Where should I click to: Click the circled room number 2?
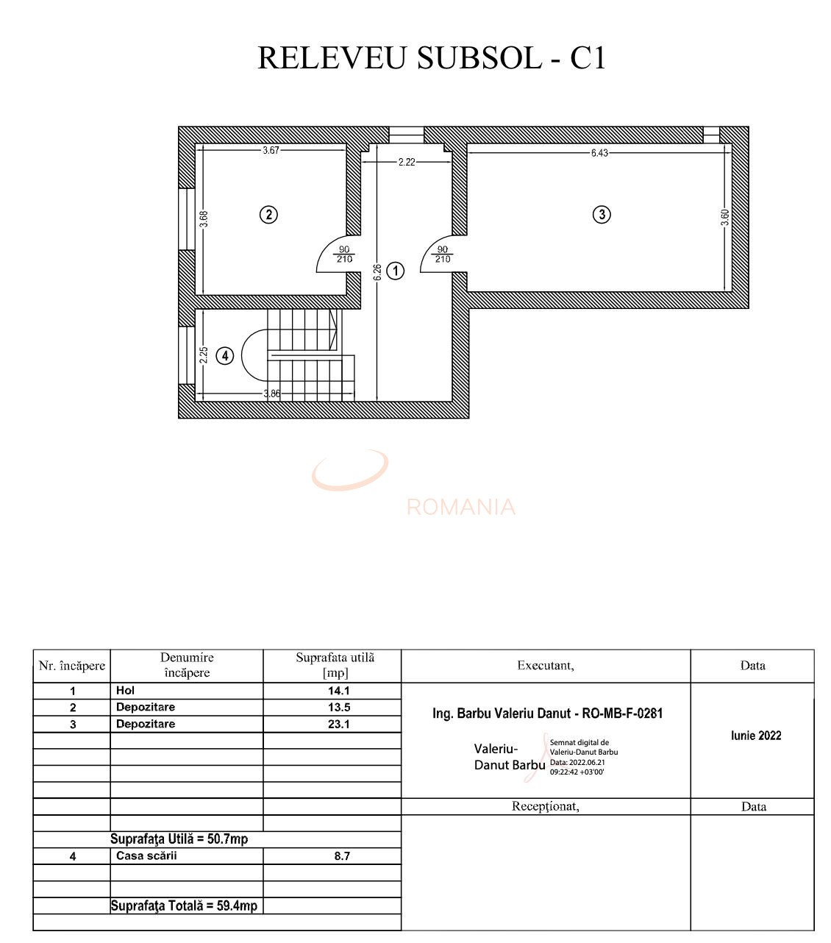tap(269, 215)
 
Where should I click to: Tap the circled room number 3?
tap(602, 215)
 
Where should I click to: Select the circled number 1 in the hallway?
tap(396, 271)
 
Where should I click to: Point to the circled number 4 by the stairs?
tap(225, 355)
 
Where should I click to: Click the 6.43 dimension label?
tap(599, 154)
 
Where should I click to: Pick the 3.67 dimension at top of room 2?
tap(271, 151)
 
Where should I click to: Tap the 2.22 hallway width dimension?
tap(407, 162)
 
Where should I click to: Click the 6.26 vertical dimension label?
tap(377, 272)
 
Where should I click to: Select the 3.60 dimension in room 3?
tap(725, 218)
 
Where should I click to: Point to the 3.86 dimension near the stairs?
tap(272, 394)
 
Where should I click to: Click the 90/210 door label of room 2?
tap(344, 255)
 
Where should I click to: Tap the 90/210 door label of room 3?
tap(443, 255)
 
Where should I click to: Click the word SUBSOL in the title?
tap(478, 58)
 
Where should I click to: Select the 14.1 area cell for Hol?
tap(339, 691)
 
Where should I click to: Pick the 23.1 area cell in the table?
tap(339, 724)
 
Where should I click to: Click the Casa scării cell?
tap(146, 855)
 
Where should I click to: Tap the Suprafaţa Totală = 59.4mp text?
tap(184, 905)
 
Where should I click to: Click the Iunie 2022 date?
tap(756, 736)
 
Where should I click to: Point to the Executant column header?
tap(546, 666)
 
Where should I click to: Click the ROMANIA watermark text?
tap(461, 507)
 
